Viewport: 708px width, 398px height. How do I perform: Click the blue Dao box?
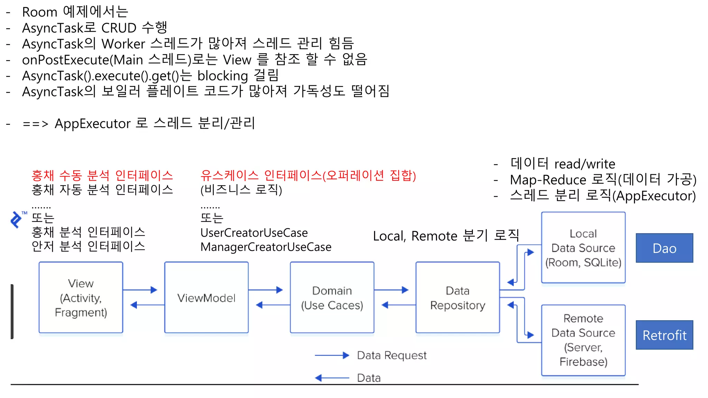coord(664,248)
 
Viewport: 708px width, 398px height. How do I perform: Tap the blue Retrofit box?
coord(664,335)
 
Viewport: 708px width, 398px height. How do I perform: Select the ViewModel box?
coord(206,297)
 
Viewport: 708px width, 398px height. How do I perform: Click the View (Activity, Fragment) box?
coord(81,297)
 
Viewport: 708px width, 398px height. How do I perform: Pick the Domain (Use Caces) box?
coord(332,297)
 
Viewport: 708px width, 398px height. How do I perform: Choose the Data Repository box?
coord(457,297)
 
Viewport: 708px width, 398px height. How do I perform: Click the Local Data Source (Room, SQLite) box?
coord(583,248)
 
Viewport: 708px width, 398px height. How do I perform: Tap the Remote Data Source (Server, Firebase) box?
coord(583,340)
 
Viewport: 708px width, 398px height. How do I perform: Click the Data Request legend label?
coord(392,355)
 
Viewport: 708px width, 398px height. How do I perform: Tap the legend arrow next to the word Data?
coord(332,378)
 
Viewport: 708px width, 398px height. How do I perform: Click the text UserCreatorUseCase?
coord(254,233)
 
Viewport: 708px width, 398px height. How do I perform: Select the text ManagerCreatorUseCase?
coord(265,247)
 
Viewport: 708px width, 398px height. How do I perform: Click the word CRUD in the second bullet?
coord(119,28)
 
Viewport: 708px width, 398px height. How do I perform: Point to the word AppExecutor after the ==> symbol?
coord(93,123)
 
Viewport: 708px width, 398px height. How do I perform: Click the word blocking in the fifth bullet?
coord(223,76)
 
